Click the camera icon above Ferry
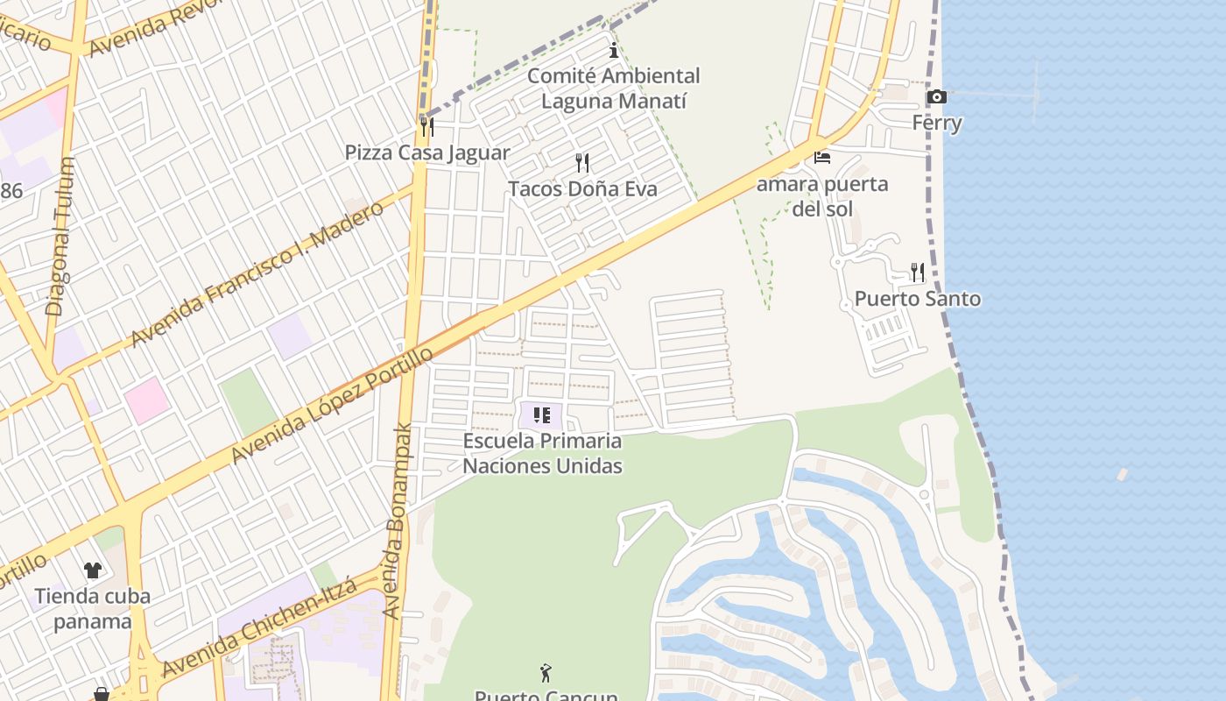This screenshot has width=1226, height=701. tap(936, 96)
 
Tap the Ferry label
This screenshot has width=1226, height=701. tap(937, 123)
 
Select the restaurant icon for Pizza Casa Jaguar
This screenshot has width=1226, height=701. tap(426, 126)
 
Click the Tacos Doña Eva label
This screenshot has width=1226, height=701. tap(582, 188)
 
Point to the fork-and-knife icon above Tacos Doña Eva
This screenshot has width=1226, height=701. tap(581, 163)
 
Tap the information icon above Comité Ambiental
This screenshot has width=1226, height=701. tap(614, 51)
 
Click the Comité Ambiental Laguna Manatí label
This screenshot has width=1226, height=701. tap(613, 89)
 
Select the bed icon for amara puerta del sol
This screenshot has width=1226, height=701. tap(822, 158)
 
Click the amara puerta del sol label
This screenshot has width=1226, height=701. tap(822, 196)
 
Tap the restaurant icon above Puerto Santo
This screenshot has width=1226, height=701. tap(917, 272)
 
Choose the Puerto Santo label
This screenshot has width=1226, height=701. tap(917, 299)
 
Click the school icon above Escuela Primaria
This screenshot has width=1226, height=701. tap(541, 415)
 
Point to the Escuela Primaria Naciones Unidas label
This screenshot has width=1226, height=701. tap(542, 453)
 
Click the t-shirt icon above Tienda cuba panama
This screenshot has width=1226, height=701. tap(93, 570)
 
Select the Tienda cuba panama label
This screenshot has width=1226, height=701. tap(92, 609)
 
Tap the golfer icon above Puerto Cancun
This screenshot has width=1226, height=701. tap(546, 673)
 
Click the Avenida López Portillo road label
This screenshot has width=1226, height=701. tap(332, 405)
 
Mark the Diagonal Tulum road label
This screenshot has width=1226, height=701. tap(60, 237)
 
